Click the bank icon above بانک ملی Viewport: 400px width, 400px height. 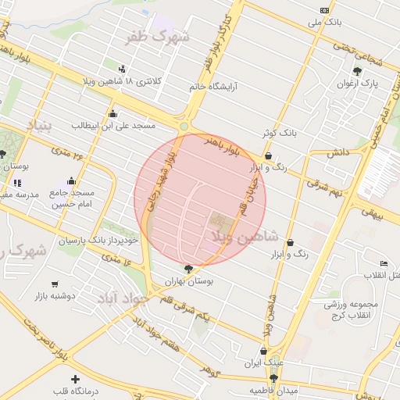pyautogui.click(x=325, y=10)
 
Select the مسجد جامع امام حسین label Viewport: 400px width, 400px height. pyautogui.click(x=72, y=198)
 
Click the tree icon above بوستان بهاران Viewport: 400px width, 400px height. pyautogui.click(x=187, y=268)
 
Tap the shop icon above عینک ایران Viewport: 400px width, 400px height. pyautogui.click(x=263, y=351)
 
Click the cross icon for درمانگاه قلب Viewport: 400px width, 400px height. pyautogui.click(x=75, y=380)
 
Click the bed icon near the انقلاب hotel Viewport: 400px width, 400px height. pyautogui.click(x=383, y=264)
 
